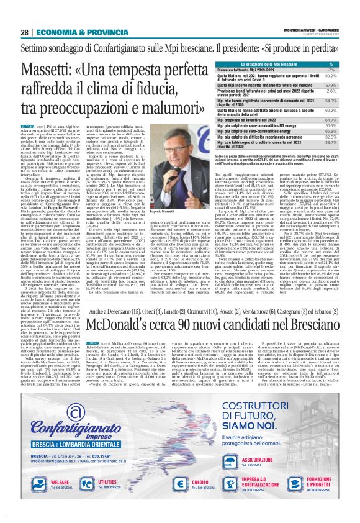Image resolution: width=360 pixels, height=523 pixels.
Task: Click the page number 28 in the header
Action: pyautogui.click(x=25, y=32)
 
